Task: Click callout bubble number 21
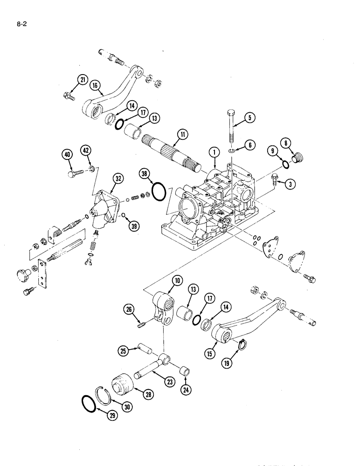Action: click(83, 80)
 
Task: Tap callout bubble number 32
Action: click(117, 178)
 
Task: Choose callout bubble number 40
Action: click(68, 155)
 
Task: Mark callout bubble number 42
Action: click(86, 150)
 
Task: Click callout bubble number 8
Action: click(285, 143)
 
